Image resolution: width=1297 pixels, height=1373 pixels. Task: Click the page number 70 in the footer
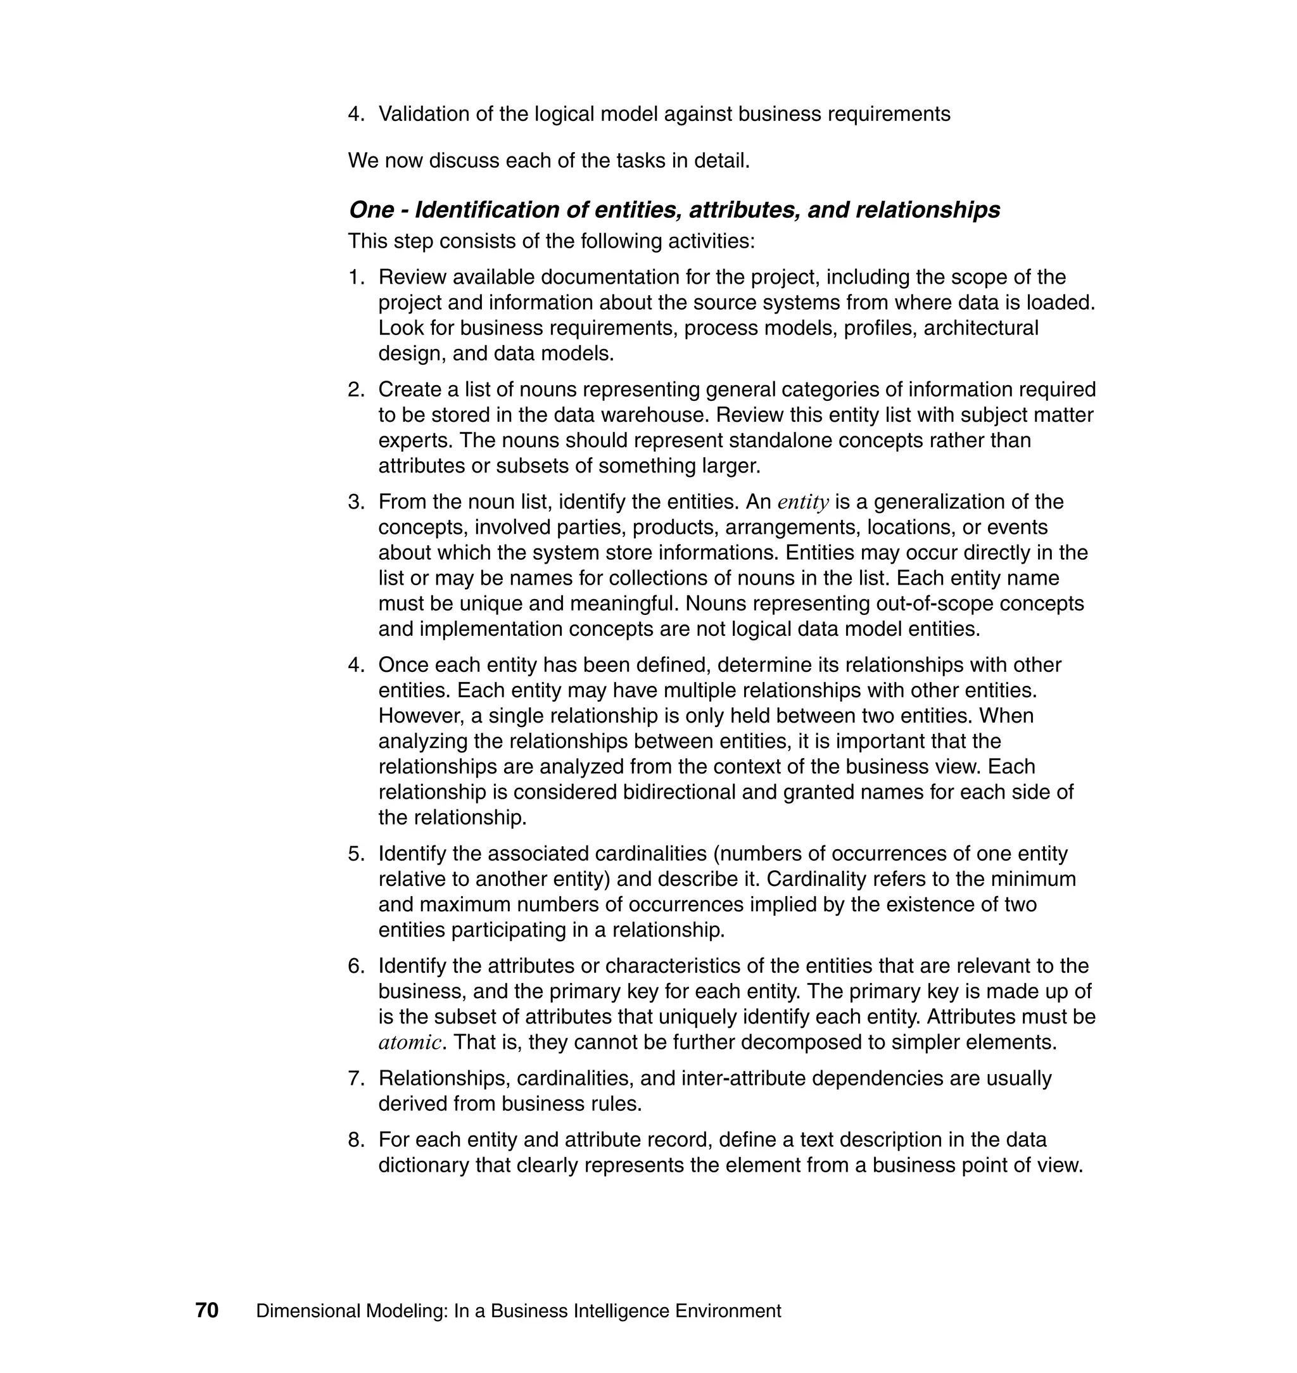coord(206,1310)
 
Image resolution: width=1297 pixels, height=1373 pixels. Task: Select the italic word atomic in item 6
coord(409,1042)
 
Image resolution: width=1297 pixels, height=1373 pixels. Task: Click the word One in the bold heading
coord(370,210)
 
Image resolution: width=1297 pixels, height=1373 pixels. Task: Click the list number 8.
coord(355,1139)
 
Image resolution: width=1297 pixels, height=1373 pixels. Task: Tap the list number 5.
coord(355,853)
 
